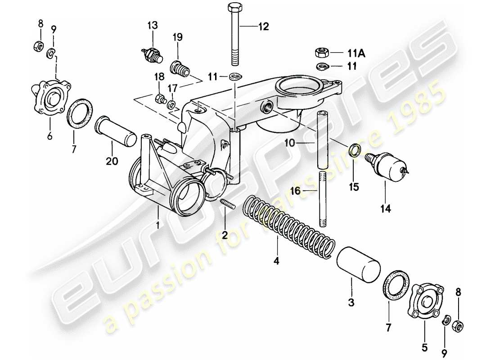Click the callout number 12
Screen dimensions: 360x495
point(263,27)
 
